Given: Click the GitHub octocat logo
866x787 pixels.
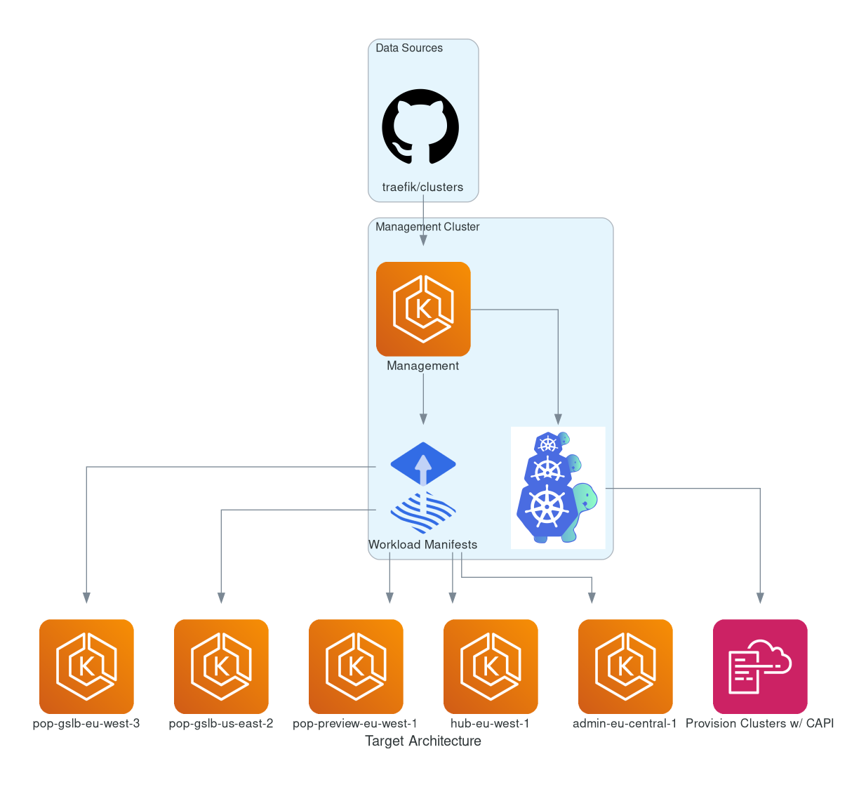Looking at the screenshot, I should coord(420,126).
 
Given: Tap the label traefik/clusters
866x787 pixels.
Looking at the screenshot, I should coord(422,187).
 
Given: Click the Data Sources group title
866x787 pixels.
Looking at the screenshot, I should coord(409,48).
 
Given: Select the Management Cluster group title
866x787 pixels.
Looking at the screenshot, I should coord(427,227).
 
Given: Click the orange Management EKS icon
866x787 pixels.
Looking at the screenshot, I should coord(423,309).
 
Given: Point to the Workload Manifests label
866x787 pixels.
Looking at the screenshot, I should coord(422,545).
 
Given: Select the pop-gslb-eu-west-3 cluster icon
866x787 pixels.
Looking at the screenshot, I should coord(86,666).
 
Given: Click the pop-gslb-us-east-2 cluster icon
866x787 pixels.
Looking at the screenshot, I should coord(221,666).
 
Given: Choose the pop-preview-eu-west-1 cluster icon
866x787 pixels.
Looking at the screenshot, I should coord(356,666).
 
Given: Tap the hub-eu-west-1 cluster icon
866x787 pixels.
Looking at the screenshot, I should coord(491,666).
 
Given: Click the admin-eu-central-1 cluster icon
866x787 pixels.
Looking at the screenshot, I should coord(625,666).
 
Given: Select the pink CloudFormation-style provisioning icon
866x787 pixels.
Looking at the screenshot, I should coord(760,666).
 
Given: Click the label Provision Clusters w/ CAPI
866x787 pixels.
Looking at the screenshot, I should coord(759,724).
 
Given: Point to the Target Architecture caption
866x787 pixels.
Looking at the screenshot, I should coord(423,741).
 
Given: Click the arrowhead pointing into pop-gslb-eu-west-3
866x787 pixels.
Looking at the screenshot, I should coord(86,597).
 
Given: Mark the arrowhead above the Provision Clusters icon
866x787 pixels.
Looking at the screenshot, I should coord(760,597).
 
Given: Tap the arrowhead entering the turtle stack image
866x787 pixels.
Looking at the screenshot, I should coord(559,419).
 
